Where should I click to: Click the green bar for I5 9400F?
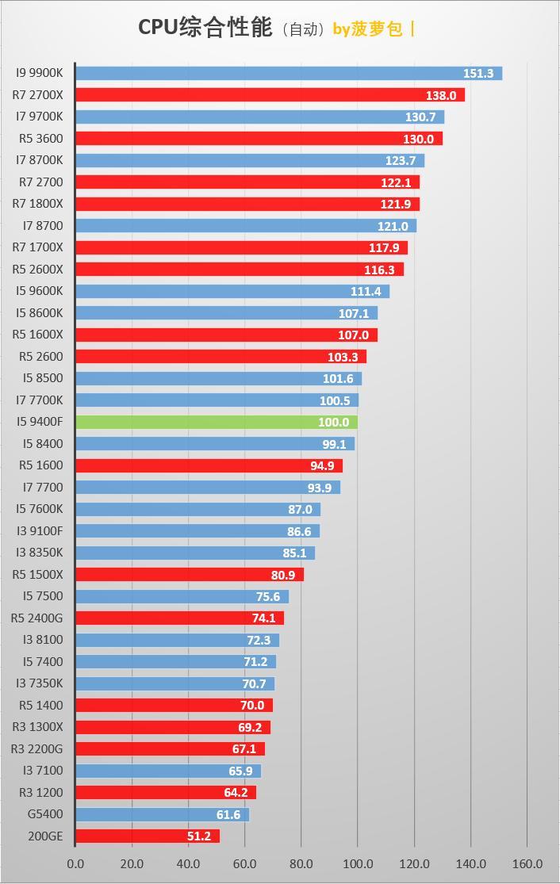pyautogui.click(x=216, y=422)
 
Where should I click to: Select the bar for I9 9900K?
pyautogui.click(x=289, y=73)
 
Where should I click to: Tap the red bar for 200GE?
pyautogui.click(x=147, y=836)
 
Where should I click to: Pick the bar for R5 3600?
pyautogui.click(x=259, y=139)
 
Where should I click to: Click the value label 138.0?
pyautogui.click(x=441, y=95)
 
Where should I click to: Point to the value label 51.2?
pyautogui.click(x=199, y=836)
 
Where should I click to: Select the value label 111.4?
pyautogui.click(x=366, y=291)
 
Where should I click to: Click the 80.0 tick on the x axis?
pyautogui.click(x=301, y=863)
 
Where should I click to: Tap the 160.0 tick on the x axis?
pyautogui.click(x=527, y=863)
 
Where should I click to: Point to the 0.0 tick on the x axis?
pyautogui.click(x=75, y=863)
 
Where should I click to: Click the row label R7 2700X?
pyautogui.click(x=38, y=95)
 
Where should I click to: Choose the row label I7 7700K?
pyautogui.click(x=40, y=400)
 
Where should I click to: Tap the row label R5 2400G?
pyautogui.click(x=37, y=618)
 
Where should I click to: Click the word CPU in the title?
pyautogui.click(x=158, y=28)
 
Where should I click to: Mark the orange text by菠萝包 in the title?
pyautogui.click(x=367, y=29)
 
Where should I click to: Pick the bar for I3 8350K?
pyautogui.click(x=195, y=553)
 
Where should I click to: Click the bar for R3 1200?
pyautogui.click(x=166, y=792)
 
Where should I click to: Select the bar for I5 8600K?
pyautogui.click(x=226, y=313)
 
